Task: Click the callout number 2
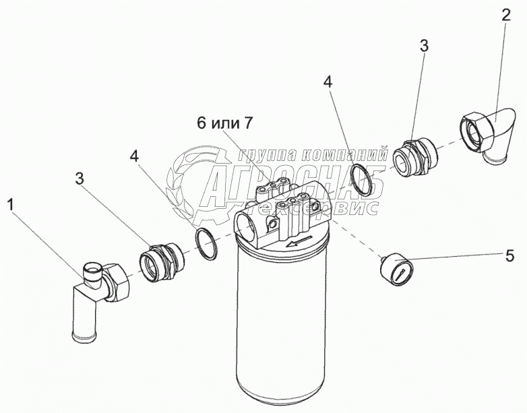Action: tap(506, 15)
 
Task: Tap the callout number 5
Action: tap(509, 256)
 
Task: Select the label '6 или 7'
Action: tap(224, 123)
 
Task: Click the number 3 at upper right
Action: tap(424, 45)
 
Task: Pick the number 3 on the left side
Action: tap(80, 179)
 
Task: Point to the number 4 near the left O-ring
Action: tap(135, 156)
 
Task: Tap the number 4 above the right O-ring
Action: tap(328, 82)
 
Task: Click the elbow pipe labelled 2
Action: tap(487, 135)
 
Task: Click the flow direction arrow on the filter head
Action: tap(299, 241)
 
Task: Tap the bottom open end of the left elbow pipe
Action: tap(85, 337)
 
